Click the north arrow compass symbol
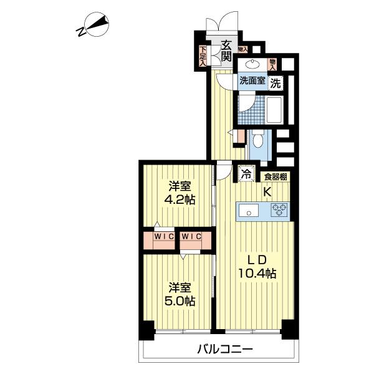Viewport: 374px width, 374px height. click(93, 27)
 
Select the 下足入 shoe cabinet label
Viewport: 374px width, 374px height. click(203, 56)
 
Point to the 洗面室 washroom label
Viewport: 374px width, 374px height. click(252, 81)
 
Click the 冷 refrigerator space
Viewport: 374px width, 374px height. click(246, 174)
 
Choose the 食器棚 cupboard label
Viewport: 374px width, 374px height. click(274, 177)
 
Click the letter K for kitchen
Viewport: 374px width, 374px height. click(266, 192)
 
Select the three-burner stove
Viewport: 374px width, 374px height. click(279, 211)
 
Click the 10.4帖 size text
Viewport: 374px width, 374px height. click(257, 273)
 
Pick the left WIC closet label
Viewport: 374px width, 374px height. click(163, 237)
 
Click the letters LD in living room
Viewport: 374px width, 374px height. click(255, 258)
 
